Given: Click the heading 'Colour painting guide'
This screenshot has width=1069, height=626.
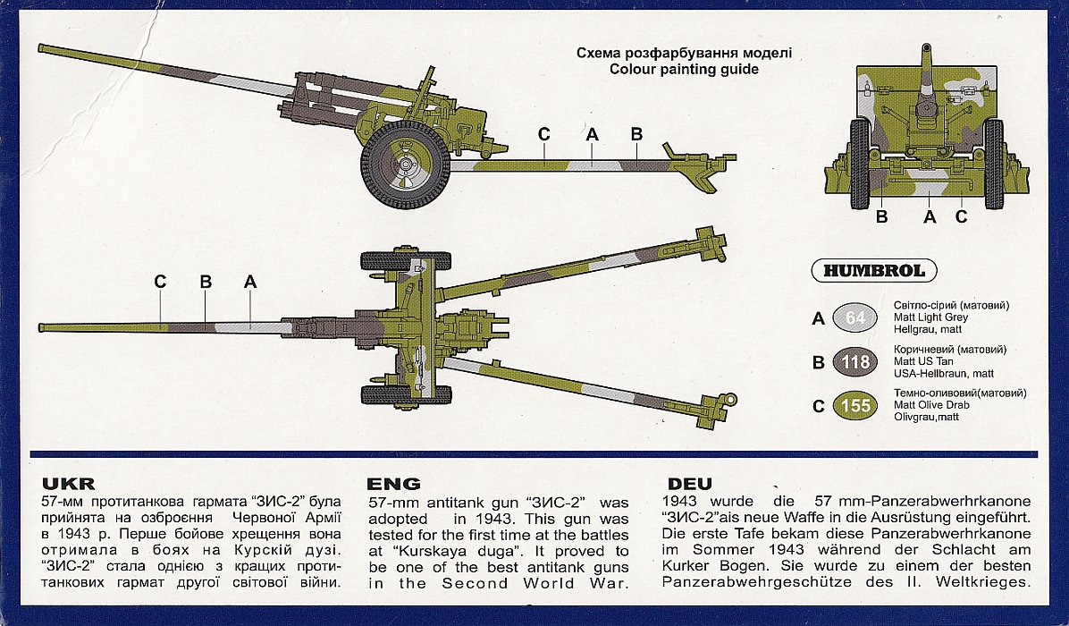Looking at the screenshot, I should [684, 69].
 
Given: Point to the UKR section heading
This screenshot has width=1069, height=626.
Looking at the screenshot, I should [62, 484].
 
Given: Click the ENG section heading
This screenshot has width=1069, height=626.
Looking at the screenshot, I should [394, 484].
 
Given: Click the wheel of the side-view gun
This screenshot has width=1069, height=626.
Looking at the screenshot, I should [405, 165].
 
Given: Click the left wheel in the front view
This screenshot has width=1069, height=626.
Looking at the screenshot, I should [859, 164].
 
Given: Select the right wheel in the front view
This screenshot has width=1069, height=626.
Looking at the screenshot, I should [993, 164].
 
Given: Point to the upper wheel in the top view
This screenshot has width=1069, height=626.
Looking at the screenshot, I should [406, 261].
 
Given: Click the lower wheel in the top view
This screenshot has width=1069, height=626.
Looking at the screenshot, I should [406, 394].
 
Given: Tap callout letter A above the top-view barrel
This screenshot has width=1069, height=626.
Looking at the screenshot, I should [250, 282].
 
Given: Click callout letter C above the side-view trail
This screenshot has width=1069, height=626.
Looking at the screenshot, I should [544, 134].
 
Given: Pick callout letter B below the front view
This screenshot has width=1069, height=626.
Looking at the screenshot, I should [881, 216].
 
